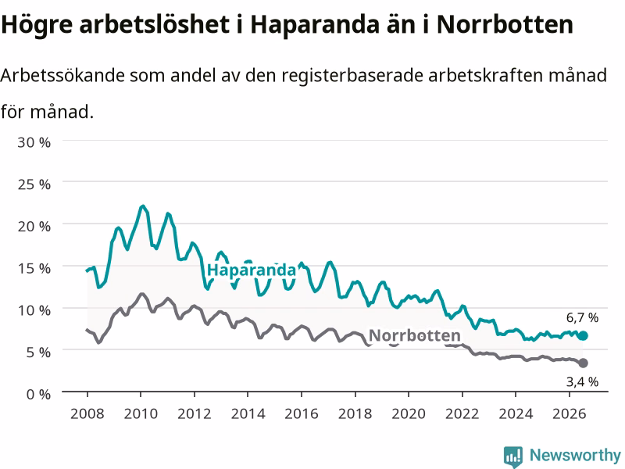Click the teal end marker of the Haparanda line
583,336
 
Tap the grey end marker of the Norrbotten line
583,363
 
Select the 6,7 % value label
582,318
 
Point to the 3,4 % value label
582,381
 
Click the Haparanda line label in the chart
252,270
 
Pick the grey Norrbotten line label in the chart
415,335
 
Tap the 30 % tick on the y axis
34,142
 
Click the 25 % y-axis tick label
34,184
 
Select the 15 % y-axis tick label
34,268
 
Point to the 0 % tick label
38,395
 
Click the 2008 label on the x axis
87,414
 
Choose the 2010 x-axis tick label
141,414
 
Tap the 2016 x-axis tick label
302,414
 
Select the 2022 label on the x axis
462,414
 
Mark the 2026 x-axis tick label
570,414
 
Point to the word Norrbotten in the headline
505,24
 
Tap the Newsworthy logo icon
513,456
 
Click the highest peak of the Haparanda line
142,206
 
